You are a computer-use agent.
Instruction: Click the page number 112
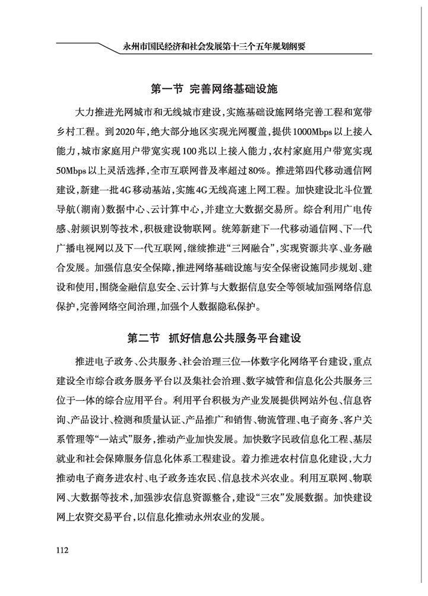point(61,549)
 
